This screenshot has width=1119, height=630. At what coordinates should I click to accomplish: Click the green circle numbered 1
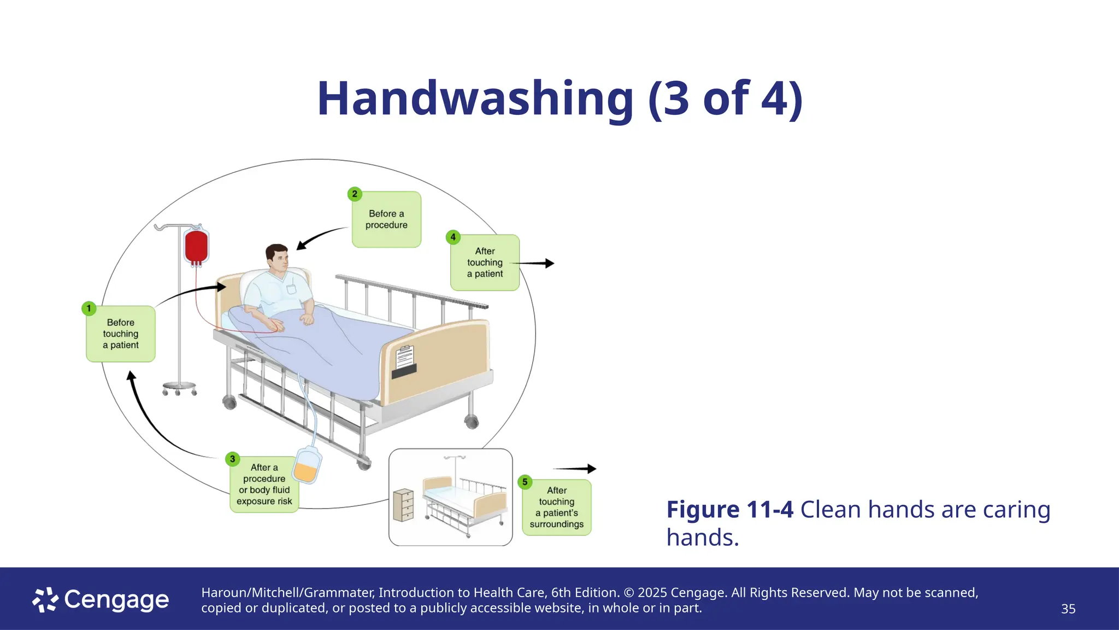pyautogui.click(x=89, y=308)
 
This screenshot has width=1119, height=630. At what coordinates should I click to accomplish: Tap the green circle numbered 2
pyautogui.click(x=355, y=194)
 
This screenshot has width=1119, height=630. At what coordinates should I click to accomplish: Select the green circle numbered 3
pyautogui.click(x=233, y=459)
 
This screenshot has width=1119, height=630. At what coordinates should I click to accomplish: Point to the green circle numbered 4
pyautogui.click(x=453, y=237)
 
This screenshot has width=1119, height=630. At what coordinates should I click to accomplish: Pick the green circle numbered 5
pyautogui.click(x=525, y=482)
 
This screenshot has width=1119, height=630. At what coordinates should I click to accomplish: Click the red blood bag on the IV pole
pyautogui.click(x=196, y=246)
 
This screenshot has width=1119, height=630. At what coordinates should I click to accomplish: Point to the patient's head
pyautogui.click(x=278, y=258)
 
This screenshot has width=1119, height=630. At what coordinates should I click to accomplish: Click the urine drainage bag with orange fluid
pyautogui.click(x=307, y=465)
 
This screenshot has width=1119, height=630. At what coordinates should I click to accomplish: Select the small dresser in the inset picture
pyautogui.click(x=403, y=505)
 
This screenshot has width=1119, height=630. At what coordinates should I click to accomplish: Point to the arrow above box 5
pyautogui.click(x=575, y=469)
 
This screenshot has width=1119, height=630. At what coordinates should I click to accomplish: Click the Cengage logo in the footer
pyautogui.click(x=101, y=600)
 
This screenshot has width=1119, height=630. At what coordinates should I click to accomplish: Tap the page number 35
pyautogui.click(x=1068, y=609)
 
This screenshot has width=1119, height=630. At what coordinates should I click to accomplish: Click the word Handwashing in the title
pyautogui.click(x=474, y=99)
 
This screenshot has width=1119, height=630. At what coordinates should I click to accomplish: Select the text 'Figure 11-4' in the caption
pyautogui.click(x=729, y=510)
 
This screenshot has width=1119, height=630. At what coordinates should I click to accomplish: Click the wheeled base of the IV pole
pyautogui.click(x=179, y=388)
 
